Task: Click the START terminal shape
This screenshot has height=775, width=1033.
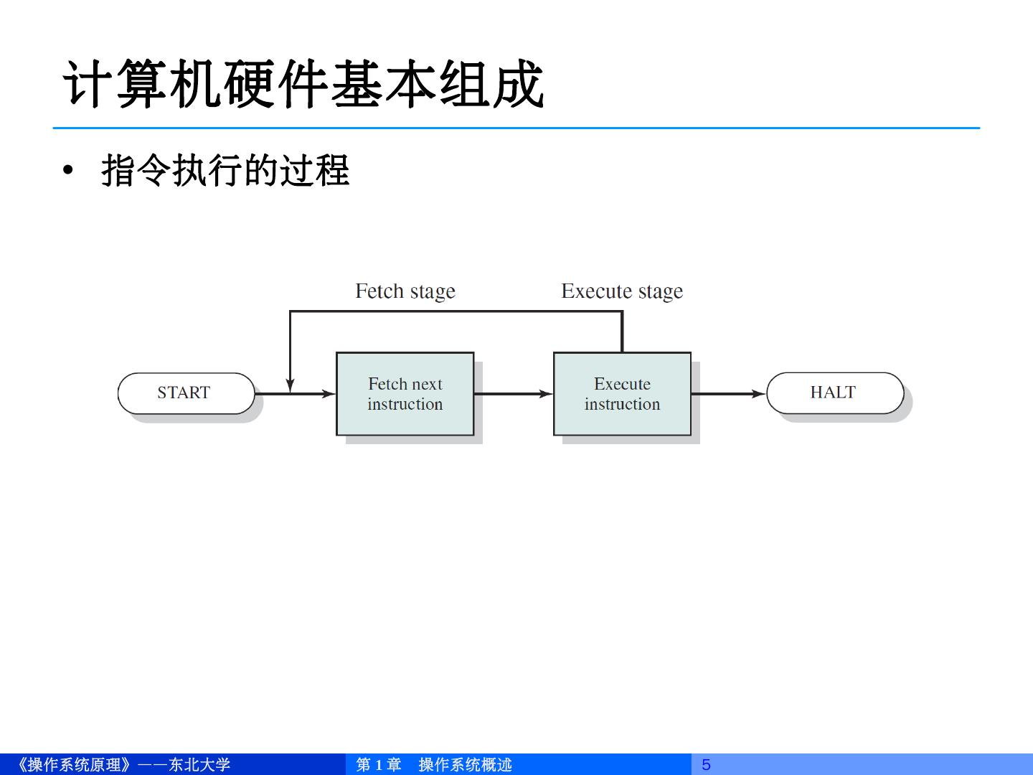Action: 186,393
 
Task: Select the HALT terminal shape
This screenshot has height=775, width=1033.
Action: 834,393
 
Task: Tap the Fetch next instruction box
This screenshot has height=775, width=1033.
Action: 405,394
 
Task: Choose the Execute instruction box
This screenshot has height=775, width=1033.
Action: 622,394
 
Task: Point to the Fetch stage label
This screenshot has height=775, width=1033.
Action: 405,291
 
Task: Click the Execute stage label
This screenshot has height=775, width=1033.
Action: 622,291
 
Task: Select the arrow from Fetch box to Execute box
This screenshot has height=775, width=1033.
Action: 513,394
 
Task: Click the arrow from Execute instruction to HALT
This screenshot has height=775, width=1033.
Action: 728,394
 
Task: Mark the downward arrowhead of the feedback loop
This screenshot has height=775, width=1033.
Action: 290,386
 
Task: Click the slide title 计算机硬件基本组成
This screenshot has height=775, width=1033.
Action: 304,85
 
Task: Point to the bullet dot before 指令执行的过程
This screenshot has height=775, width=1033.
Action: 68,171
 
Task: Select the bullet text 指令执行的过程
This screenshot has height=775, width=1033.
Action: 225,171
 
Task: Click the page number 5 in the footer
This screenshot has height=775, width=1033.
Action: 706,765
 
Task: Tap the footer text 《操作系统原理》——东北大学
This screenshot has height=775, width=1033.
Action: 122,765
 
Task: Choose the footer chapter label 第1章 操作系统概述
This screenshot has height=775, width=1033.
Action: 434,765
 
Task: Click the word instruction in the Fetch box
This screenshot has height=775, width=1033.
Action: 405,405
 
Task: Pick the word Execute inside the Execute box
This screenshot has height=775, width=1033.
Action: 622,384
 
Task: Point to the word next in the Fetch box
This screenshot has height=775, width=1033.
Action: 427,384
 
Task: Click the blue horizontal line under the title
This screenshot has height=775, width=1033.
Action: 516,128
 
